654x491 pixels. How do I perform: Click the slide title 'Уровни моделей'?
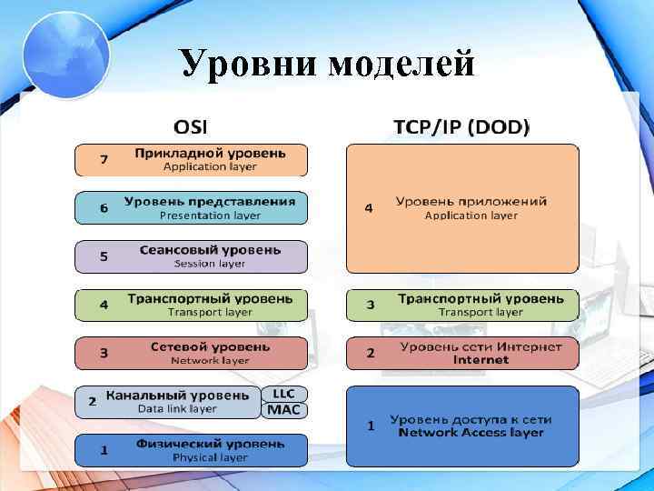(x=327, y=64)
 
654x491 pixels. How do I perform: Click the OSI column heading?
(x=197, y=126)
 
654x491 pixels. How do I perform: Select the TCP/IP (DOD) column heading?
(x=461, y=126)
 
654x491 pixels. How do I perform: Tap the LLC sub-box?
(x=285, y=394)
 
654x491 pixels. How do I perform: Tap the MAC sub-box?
(x=285, y=410)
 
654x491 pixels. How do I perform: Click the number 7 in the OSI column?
(x=104, y=160)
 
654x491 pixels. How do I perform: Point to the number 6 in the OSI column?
(x=104, y=208)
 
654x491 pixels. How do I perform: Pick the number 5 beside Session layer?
(x=104, y=256)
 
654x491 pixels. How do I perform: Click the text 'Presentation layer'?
(x=210, y=215)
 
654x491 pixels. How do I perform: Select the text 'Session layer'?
(x=210, y=264)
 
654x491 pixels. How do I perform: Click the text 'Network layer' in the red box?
(x=210, y=360)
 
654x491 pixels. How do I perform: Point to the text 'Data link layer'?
(x=178, y=408)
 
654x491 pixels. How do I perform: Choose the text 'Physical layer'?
(x=210, y=456)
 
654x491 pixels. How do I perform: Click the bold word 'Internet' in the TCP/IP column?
(x=481, y=360)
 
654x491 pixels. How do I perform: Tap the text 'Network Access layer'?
(x=471, y=433)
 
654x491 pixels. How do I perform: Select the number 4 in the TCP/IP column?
(x=368, y=208)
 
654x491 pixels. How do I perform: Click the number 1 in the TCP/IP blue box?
(x=370, y=425)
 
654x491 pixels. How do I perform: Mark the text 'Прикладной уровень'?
(x=210, y=153)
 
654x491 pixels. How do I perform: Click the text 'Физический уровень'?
(x=210, y=443)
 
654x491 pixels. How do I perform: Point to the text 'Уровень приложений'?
(x=471, y=201)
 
